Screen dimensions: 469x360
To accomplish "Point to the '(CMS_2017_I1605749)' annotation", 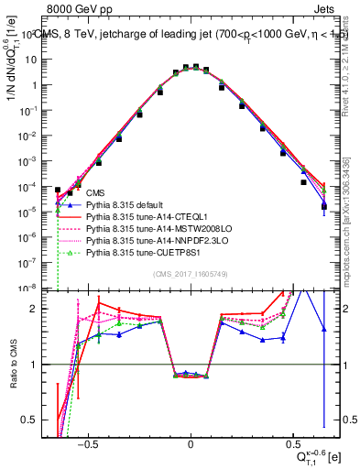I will [x=191, y=275].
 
